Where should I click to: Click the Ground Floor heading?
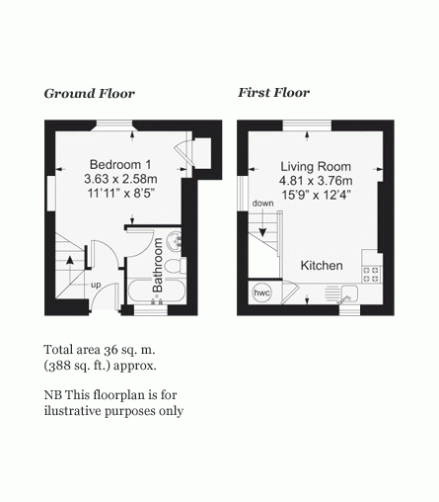(x=90, y=94)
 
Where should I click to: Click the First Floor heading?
(x=273, y=93)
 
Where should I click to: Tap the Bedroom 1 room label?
(x=120, y=164)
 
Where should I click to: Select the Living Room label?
(x=316, y=166)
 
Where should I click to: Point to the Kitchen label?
(x=322, y=266)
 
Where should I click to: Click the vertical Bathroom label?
(x=158, y=265)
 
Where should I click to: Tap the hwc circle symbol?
(x=261, y=293)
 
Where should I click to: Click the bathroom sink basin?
(x=174, y=241)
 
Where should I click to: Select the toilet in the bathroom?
(x=176, y=266)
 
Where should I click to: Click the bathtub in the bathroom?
(x=156, y=292)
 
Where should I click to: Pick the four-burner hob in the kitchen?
(x=372, y=275)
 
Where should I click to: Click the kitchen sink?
(x=349, y=293)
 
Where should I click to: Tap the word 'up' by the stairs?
(x=96, y=285)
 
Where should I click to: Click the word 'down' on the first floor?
(x=262, y=204)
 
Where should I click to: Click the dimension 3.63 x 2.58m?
(x=120, y=179)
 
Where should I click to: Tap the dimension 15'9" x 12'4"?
(x=316, y=195)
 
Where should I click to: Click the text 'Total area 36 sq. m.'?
(x=100, y=350)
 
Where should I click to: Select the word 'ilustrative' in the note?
(x=72, y=411)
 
